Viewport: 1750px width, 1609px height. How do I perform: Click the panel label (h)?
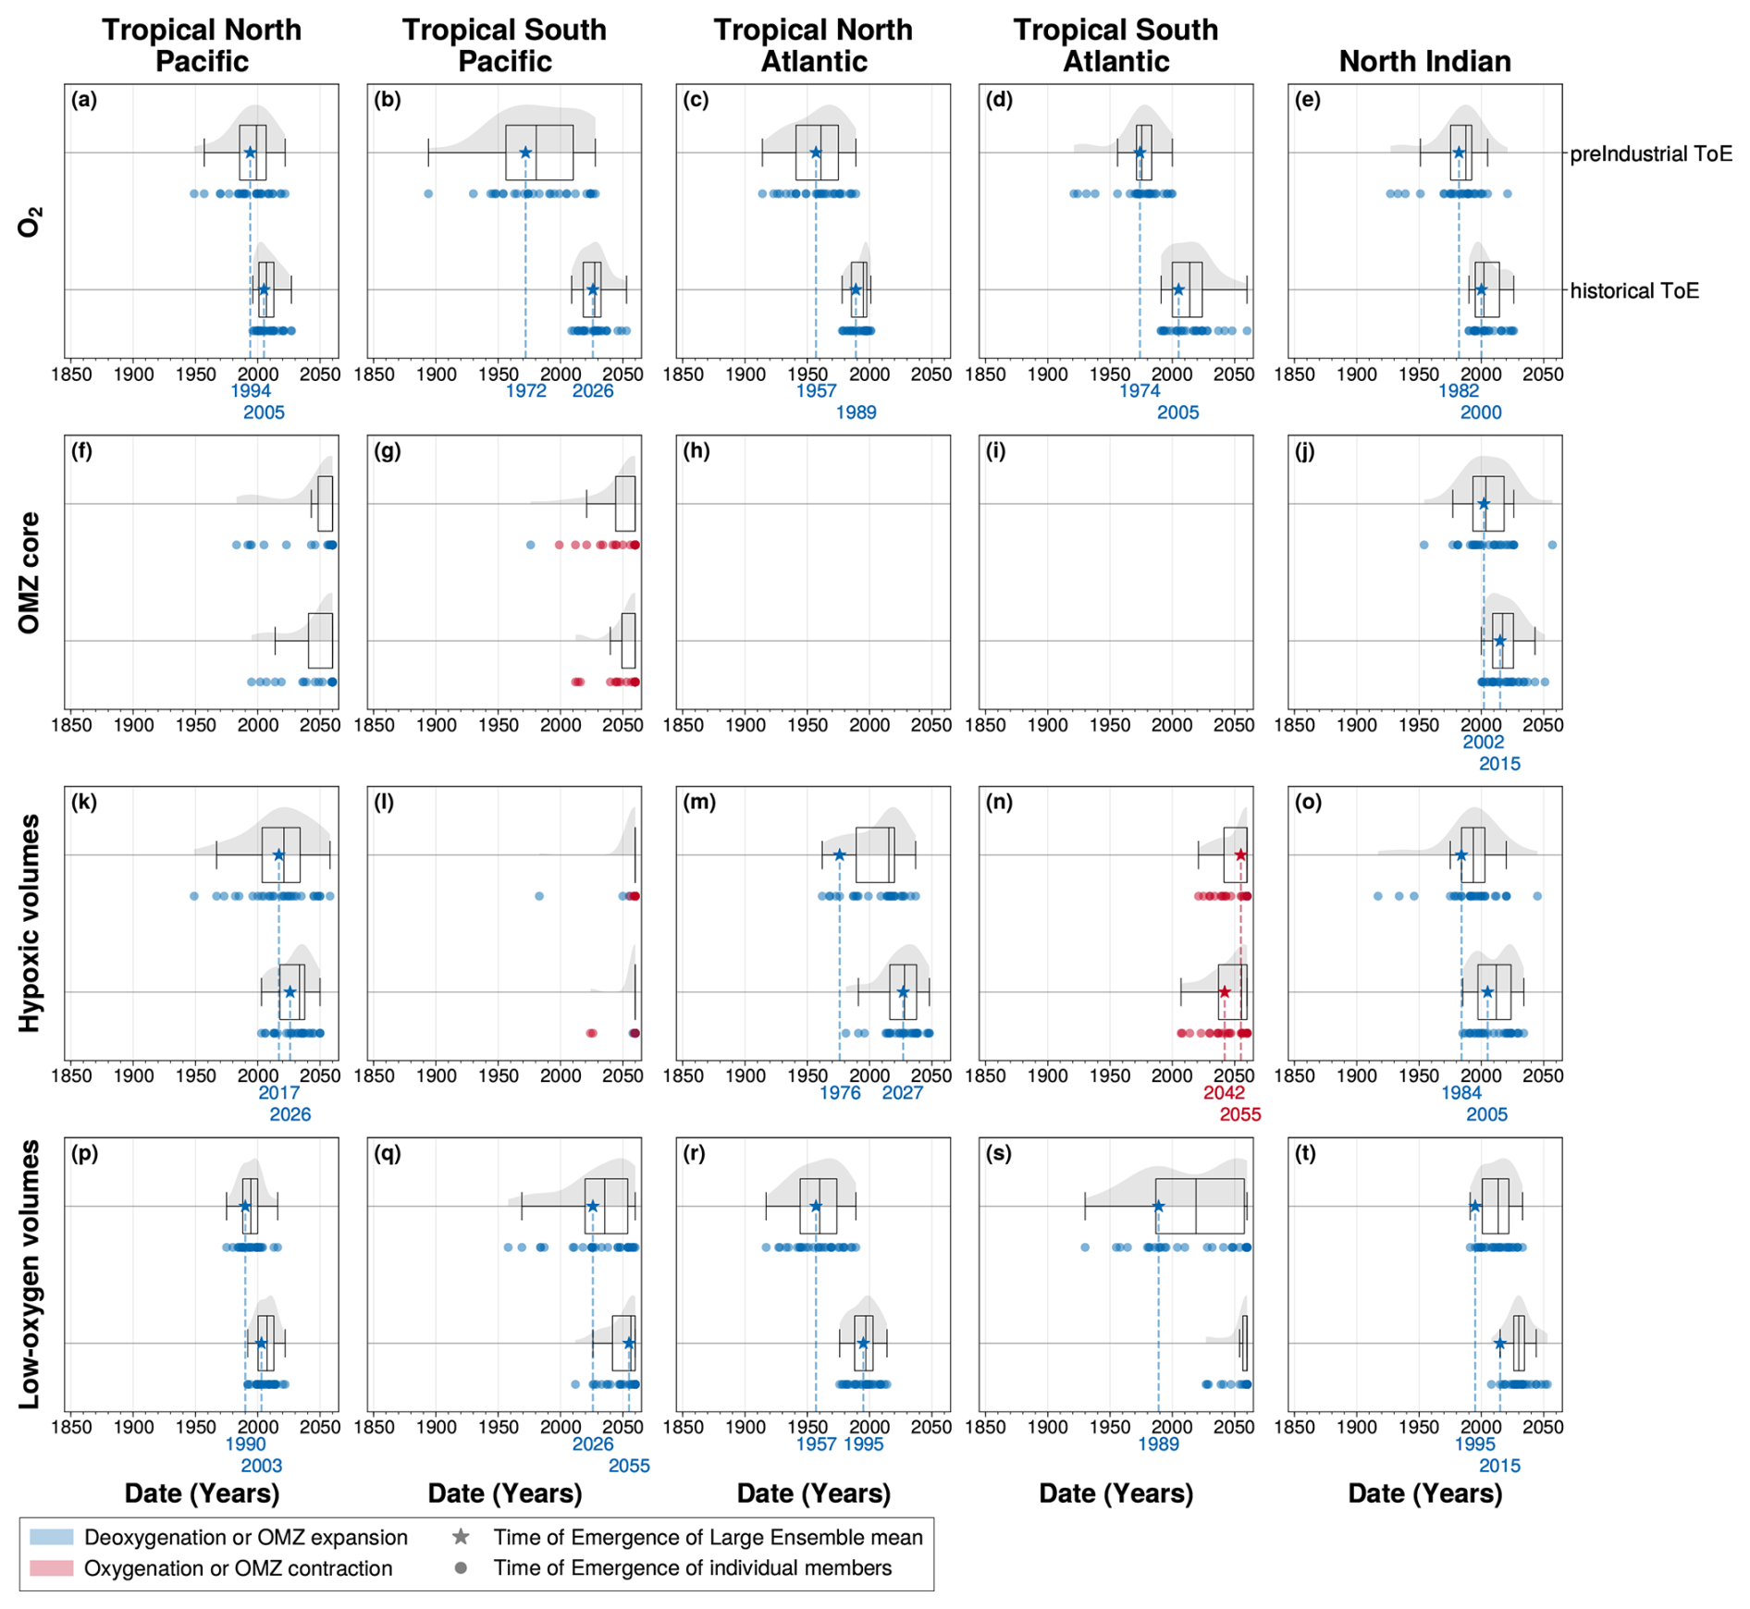696,452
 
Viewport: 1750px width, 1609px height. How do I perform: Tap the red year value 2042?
1224,1092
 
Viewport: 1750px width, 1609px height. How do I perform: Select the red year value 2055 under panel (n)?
1239,1114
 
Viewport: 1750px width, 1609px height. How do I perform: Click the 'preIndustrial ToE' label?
1650,154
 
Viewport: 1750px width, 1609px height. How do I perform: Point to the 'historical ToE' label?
1634,290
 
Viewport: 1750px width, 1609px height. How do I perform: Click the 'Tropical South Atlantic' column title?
1115,45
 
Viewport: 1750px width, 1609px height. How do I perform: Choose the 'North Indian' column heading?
1424,61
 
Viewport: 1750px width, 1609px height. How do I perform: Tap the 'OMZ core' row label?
30,572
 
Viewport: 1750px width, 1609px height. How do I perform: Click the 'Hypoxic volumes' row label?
30,923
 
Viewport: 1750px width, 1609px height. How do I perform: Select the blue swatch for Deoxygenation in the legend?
51,1537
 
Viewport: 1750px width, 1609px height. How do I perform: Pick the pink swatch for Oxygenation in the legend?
51,1568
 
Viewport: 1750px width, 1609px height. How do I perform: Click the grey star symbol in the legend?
460,1537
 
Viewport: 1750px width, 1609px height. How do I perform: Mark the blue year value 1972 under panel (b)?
525,391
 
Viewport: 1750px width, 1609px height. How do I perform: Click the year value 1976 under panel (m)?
840,1092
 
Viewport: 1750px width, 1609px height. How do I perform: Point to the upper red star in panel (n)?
1240,855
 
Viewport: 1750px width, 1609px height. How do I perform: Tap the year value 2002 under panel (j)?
1483,742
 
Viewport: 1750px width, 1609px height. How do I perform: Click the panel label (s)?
999,1154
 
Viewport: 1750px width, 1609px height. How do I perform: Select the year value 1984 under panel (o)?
1461,1092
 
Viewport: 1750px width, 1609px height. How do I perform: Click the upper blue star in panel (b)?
525,153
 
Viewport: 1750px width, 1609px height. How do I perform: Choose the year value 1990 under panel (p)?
245,1443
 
